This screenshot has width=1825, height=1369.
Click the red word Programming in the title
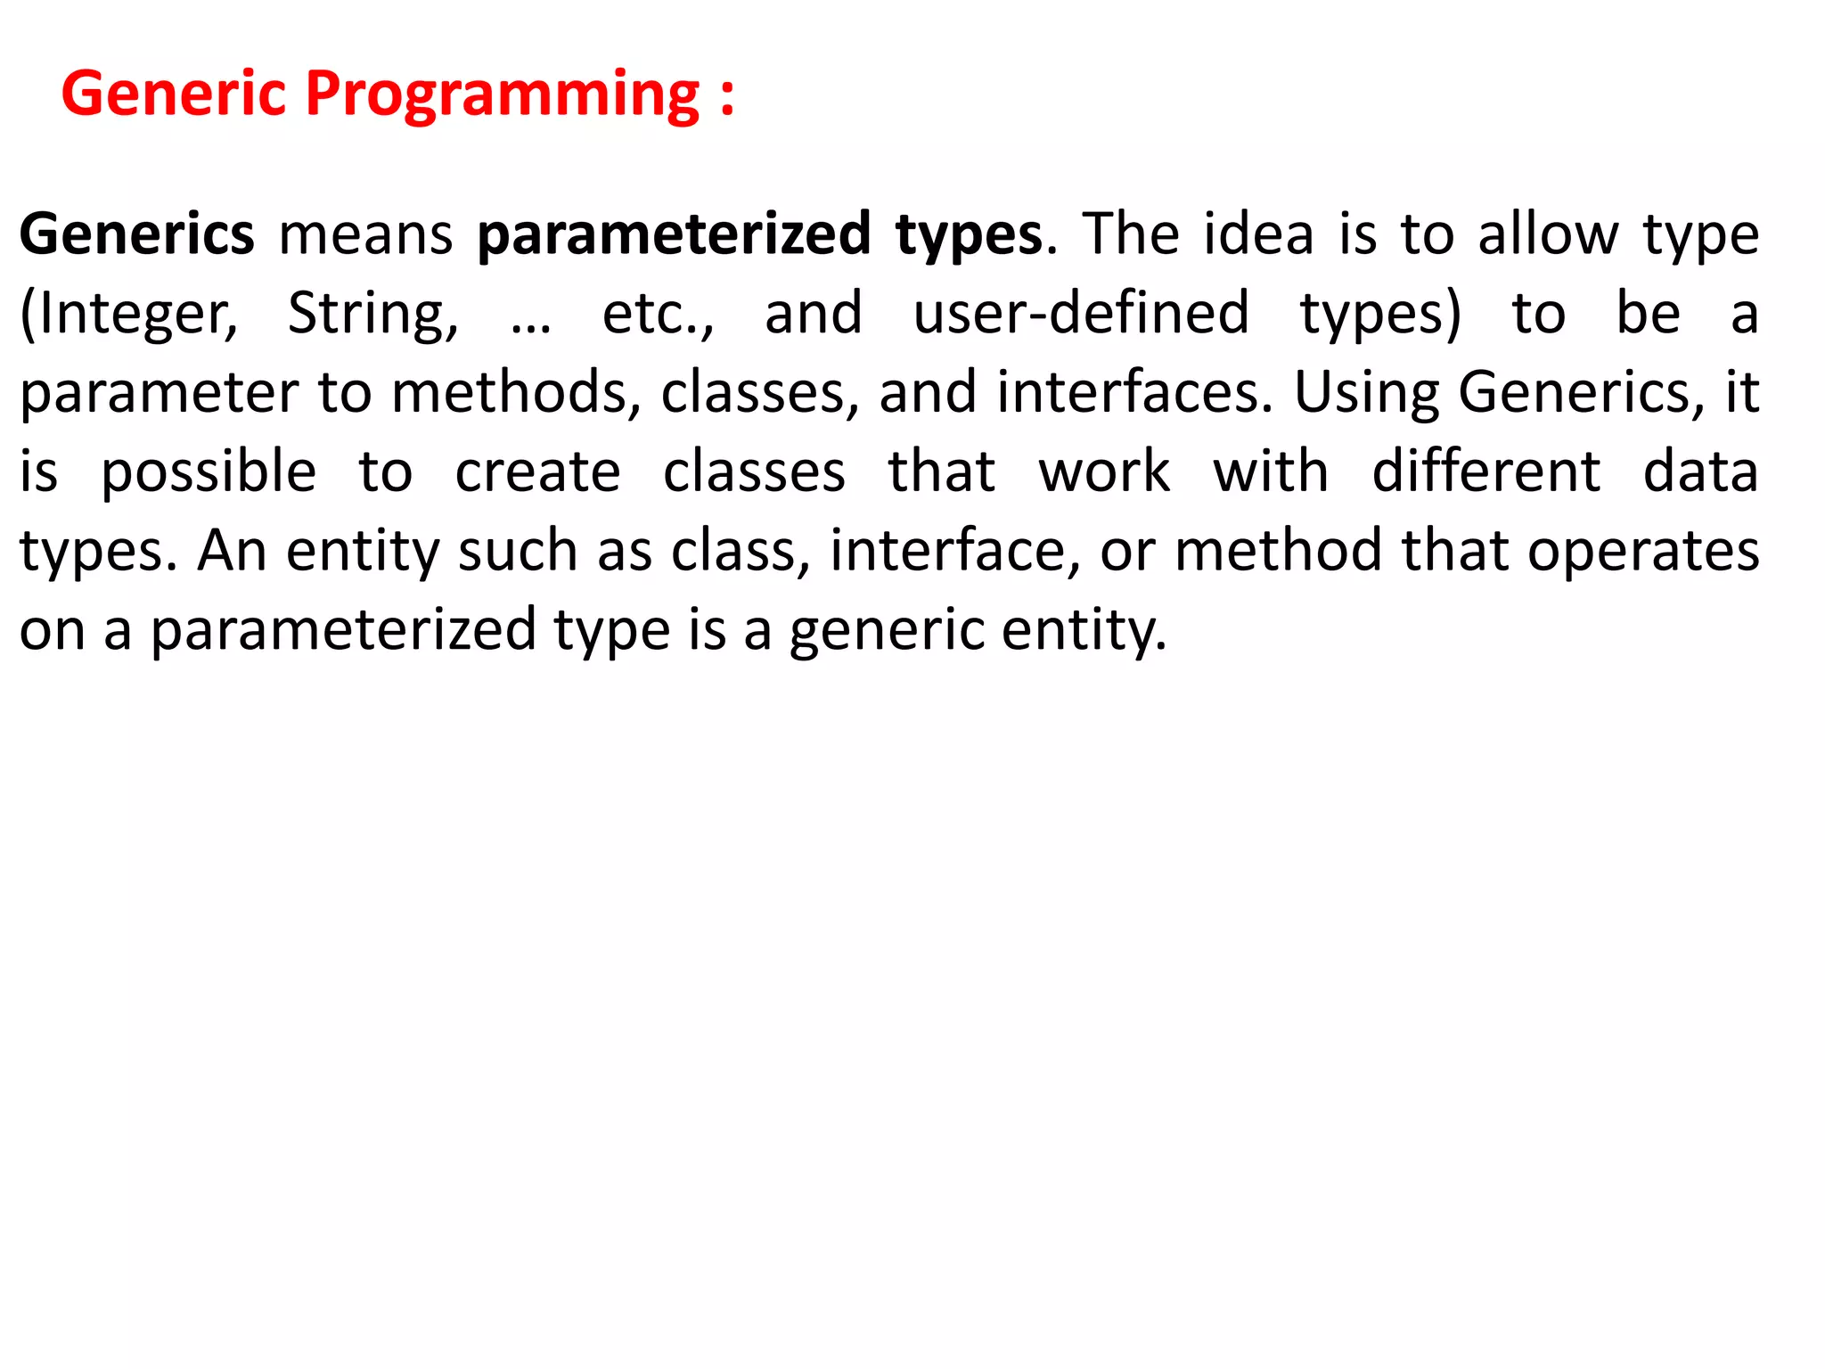tap(503, 94)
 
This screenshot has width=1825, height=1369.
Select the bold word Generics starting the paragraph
tap(137, 235)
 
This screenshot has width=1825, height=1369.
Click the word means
tap(366, 235)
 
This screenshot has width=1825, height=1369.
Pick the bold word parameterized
tap(674, 235)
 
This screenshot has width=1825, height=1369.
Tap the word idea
tap(1258, 234)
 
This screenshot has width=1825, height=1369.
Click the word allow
tap(1548, 234)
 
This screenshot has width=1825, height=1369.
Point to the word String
tap(372, 314)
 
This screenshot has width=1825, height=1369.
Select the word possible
tap(209, 472)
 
